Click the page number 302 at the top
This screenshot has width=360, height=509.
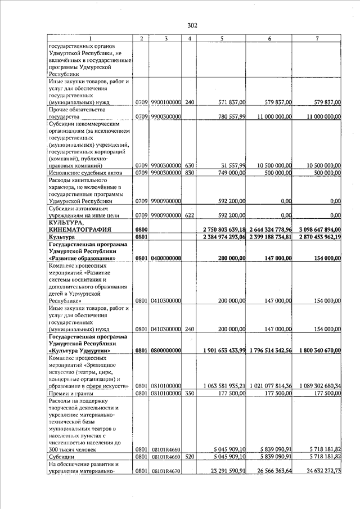tap(192, 25)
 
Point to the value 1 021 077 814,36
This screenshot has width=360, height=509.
tap(272, 386)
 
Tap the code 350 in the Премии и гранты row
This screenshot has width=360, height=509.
tap(190, 393)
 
